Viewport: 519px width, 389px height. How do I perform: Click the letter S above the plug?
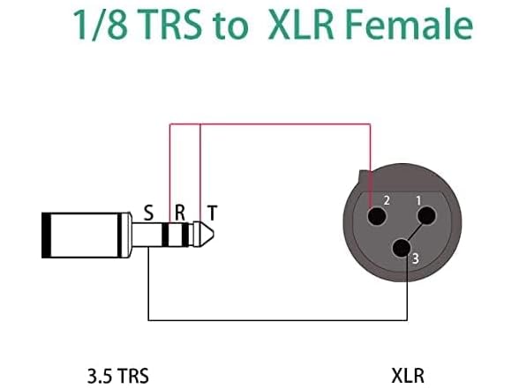point(148,213)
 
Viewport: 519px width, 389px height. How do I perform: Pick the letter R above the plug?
point(179,213)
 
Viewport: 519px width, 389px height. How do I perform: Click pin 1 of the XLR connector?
point(425,216)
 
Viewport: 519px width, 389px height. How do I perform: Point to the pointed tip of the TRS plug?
point(208,235)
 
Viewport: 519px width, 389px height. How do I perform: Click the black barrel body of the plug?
point(84,235)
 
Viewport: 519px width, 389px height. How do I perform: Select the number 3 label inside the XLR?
point(415,258)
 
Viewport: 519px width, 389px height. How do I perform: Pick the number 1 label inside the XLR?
point(418,199)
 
